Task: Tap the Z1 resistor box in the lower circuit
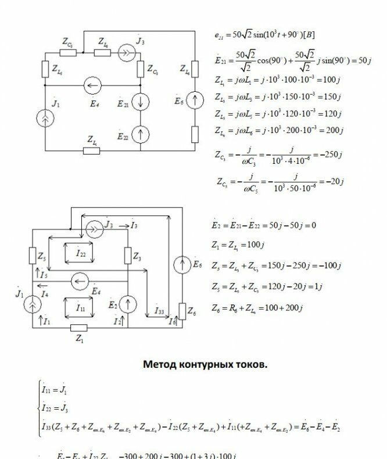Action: pos(78,327)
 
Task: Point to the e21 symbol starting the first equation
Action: pos(219,35)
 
